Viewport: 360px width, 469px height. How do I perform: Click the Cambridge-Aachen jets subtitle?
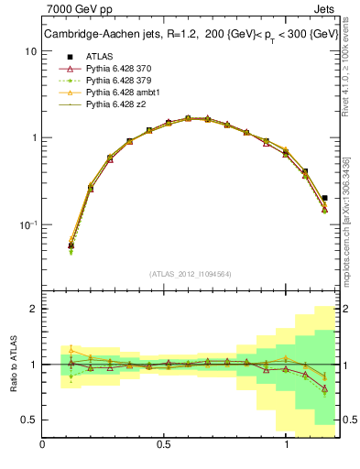pos(191,35)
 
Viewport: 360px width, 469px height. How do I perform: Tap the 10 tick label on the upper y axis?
pos(30,51)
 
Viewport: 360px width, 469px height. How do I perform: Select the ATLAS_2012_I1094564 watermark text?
pos(190,273)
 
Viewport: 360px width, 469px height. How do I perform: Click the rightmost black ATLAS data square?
pos(325,198)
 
